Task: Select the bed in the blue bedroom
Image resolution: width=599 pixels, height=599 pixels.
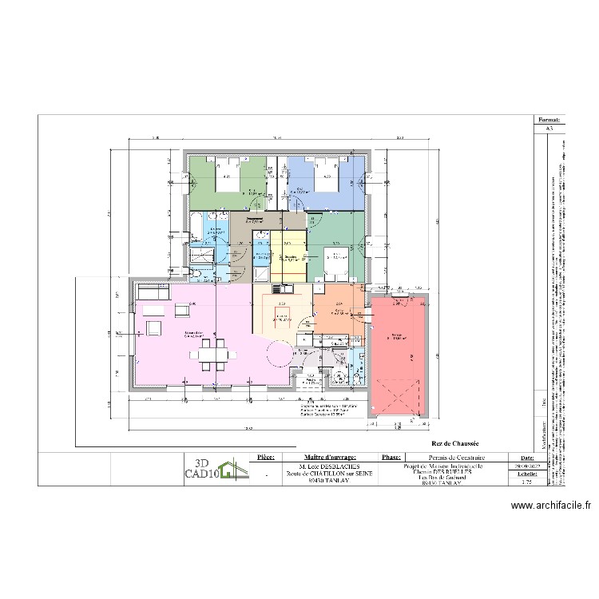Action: pos(323,177)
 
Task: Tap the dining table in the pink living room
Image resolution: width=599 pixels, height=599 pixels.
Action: pos(213,351)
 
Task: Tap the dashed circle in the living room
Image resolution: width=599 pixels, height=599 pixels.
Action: pos(280,353)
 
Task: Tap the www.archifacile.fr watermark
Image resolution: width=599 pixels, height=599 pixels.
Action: pos(550,505)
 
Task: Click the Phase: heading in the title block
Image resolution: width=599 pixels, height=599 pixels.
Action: pos(391,458)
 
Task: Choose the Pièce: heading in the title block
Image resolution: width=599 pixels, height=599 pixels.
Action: pos(266,458)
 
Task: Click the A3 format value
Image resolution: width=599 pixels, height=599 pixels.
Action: pos(549,128)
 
